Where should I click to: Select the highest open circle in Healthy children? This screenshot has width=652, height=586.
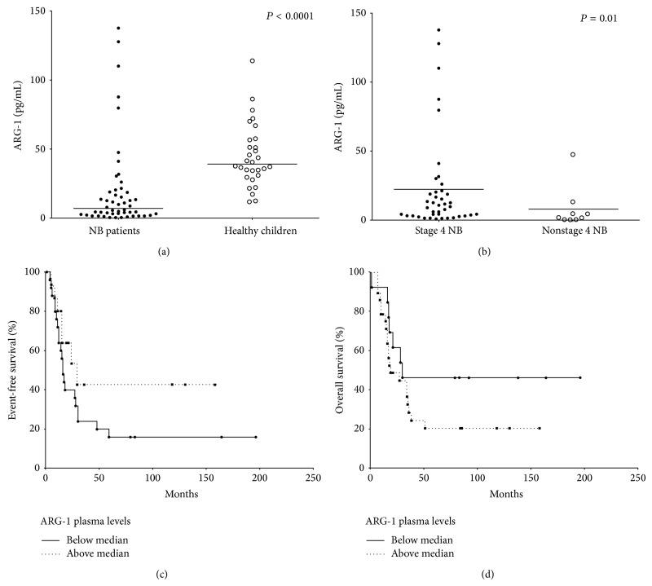point(253,60)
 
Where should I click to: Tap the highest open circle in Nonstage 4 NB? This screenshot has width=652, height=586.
point(572,154)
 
